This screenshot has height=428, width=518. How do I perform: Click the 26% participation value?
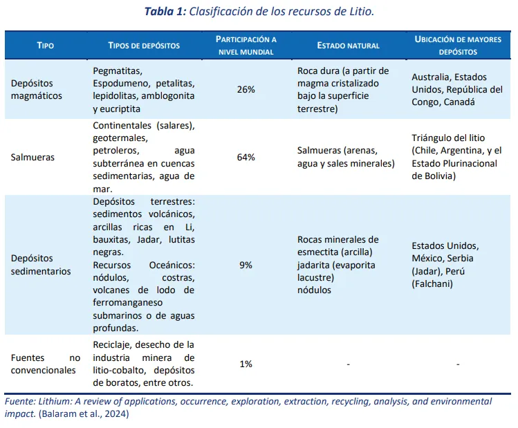tap(246, 90)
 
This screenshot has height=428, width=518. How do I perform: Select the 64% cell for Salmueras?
tap(246, 157)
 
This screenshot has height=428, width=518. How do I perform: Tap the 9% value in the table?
tap(246, 265)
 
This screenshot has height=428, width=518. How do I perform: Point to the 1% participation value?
tap(246, 364)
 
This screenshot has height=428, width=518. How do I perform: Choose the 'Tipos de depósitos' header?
tap(144, 46)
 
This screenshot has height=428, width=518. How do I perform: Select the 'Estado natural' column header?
tap(348, 46)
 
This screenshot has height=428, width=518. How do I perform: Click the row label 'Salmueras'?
tap(33, 157)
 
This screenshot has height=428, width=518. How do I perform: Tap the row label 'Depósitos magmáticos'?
tap(36, 90)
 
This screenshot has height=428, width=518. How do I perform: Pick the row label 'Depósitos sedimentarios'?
tap(40, 265)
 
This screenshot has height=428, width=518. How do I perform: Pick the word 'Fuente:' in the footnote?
tap(21, 401)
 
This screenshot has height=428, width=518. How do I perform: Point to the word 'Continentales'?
tap(122, 126)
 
